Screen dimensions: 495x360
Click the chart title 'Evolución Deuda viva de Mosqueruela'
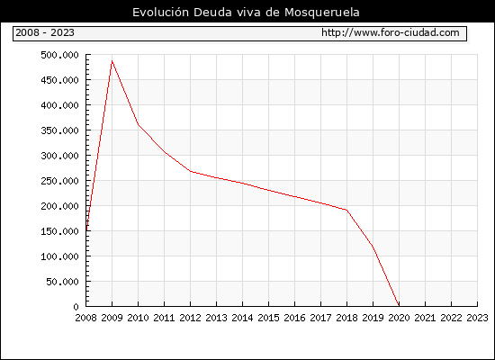click(246, 13)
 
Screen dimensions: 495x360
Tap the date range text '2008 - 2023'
click(45, 32)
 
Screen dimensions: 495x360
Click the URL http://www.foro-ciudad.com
click(391, 32)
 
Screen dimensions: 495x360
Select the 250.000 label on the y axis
click(59, 181)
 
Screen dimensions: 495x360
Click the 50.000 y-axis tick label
click(62, 282)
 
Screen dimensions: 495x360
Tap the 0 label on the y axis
click(76, 307)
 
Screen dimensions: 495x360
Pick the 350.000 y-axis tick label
click(59, 130)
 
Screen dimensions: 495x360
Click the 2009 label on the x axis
click(112, 318)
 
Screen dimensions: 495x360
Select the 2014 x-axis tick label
click(242, 318)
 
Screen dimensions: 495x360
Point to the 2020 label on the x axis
click(399, 318)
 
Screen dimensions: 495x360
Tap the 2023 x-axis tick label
click(477, 318)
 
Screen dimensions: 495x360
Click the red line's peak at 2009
click(112, 60)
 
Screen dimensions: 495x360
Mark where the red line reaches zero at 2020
click(399, 306)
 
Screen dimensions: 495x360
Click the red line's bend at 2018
click(346, 210)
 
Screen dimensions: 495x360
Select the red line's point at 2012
click(191, 171)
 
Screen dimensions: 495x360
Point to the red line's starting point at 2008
click(86, 230)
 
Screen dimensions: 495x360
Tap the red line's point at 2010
click(138, 124)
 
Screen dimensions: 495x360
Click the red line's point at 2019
click(373, 246)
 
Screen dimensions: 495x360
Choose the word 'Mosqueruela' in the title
click(322, 13)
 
